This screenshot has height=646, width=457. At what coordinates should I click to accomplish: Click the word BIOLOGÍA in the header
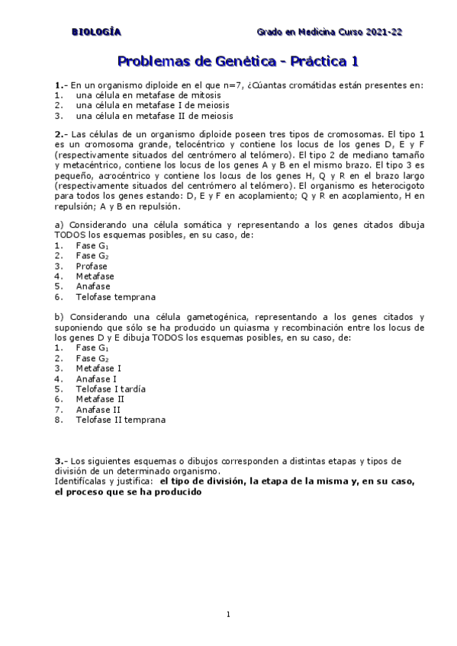tap(95, 32)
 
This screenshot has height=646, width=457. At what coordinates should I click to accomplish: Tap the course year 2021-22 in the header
tap(385, 32)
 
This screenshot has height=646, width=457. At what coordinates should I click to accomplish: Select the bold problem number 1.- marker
tap(61, 85)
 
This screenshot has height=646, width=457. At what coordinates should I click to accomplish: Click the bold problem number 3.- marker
tap(61, 462)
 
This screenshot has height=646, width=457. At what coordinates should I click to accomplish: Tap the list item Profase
tap(91, 267)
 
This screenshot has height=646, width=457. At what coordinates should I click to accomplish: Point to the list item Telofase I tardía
tap(111, 389)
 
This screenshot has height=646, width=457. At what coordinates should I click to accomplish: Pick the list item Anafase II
tap(98, 409)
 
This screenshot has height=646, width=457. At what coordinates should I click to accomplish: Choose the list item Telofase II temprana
tap(120, 420)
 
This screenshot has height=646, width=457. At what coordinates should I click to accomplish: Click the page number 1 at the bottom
tap(228, 613)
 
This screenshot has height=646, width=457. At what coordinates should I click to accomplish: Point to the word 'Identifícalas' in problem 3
tap(84, 481)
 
